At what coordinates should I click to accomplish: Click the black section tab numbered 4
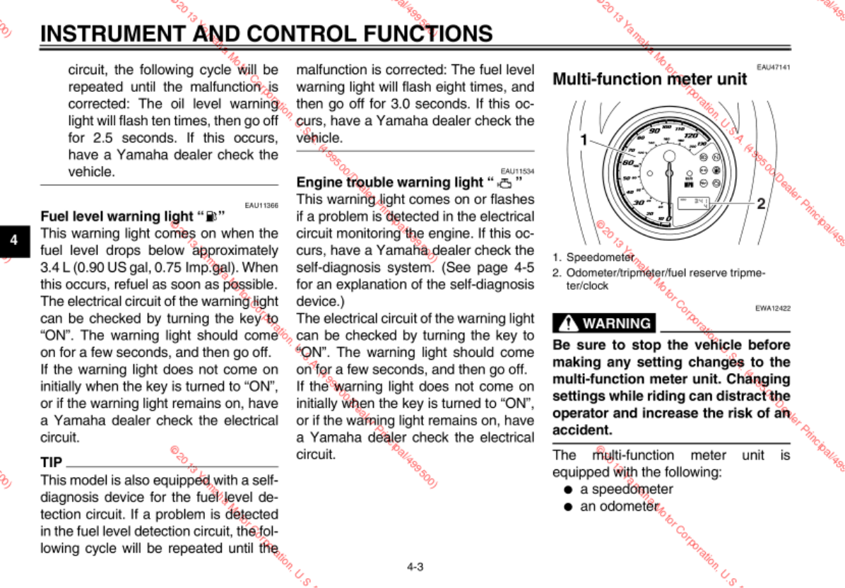tap(13, 240)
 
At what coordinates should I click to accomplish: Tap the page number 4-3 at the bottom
tap(415, 566)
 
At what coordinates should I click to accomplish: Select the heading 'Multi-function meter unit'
tap(649, 79)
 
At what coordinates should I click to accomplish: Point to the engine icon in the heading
tap(504, 183)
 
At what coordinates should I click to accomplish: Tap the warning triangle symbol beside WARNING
tap(567, 324)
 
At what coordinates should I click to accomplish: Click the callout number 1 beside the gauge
tap(584, 140)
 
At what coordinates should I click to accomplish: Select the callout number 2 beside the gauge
tap(760, 204)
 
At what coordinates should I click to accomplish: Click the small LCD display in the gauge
tap(698, 204)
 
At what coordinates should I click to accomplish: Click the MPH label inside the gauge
tap(687, 184)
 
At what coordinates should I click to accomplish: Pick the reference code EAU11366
tap(261, 205)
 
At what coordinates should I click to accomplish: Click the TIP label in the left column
tap(52, 463)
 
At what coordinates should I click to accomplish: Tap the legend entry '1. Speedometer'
tap(593, 257)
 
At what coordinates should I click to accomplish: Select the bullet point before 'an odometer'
tap(567, 507)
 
